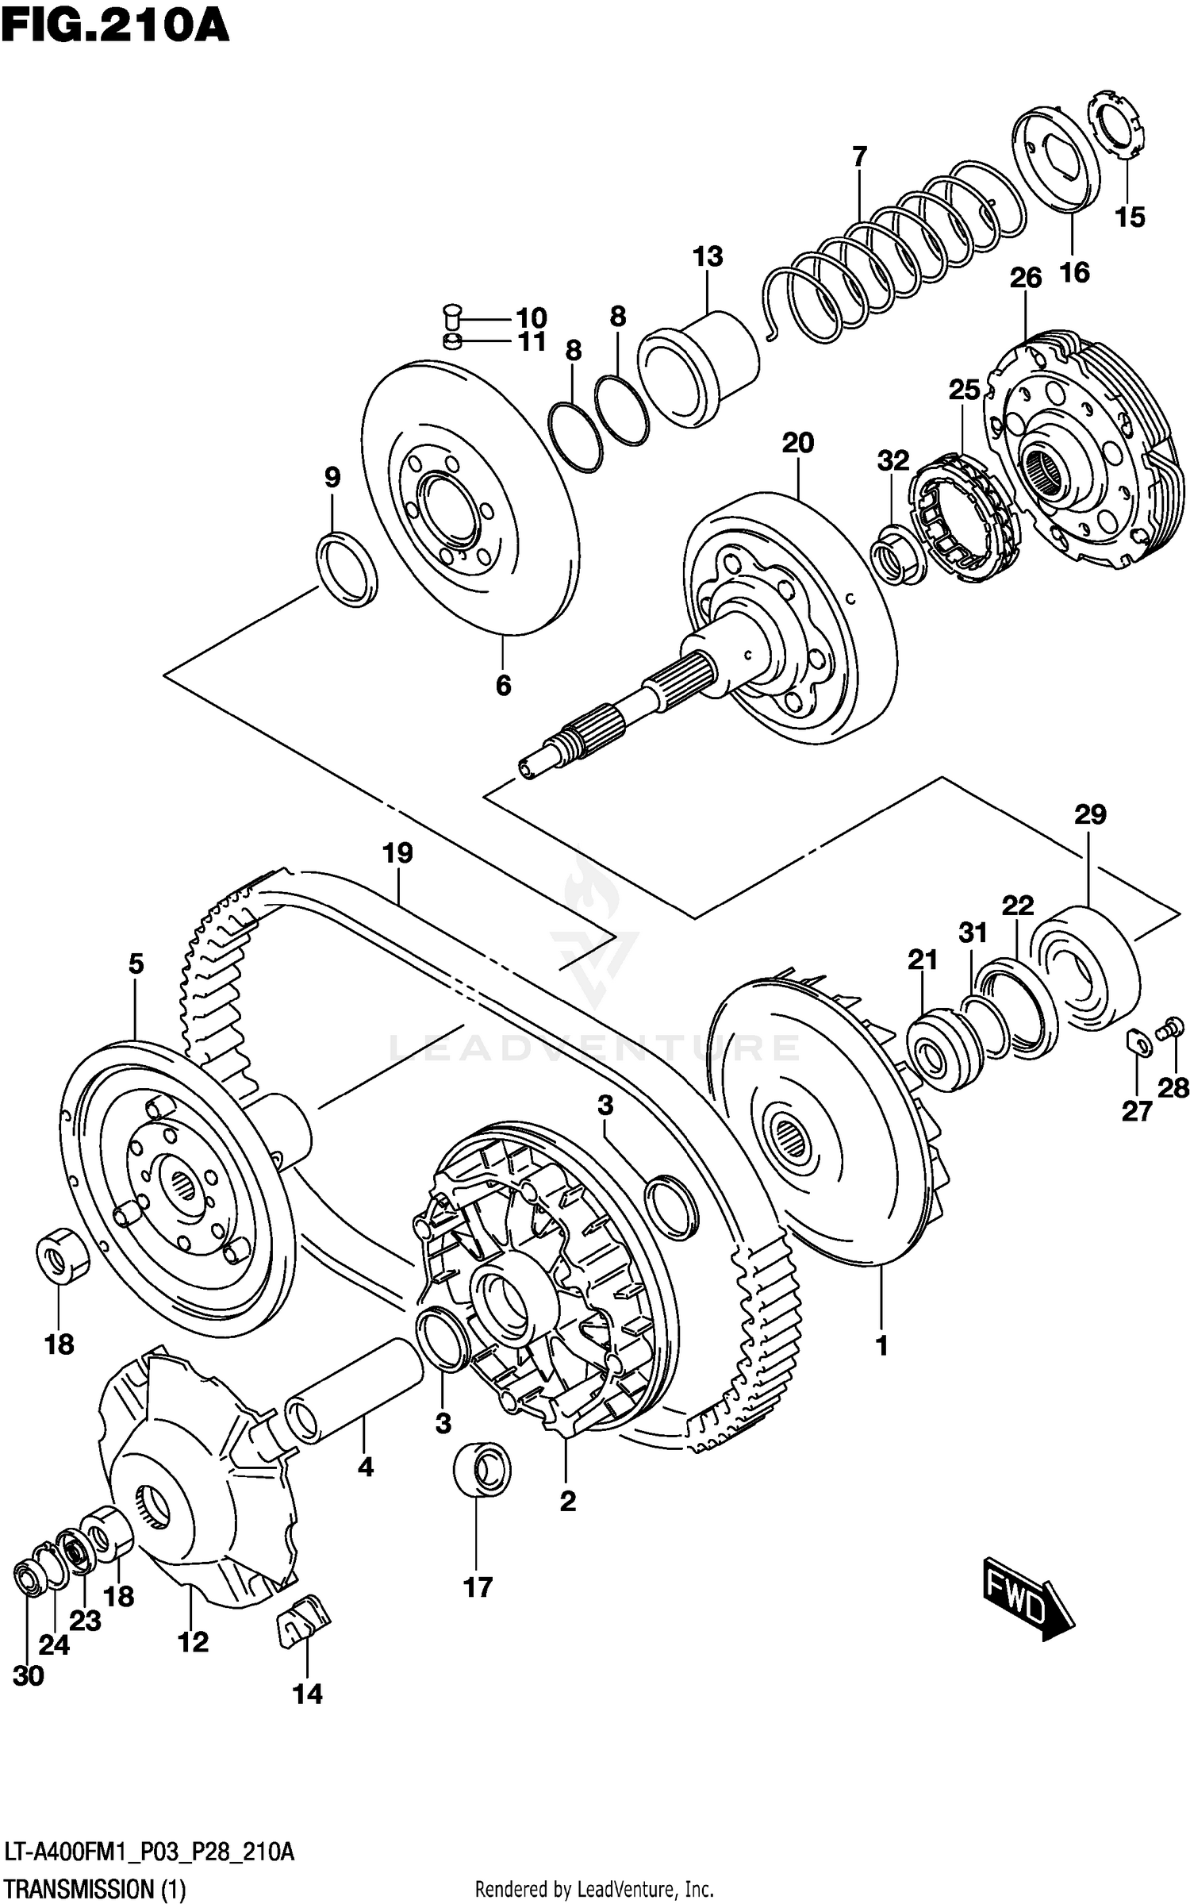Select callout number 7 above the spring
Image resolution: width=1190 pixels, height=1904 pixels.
click(x=860, y=156)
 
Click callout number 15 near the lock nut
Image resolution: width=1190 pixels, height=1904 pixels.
click(x=1130, y=217)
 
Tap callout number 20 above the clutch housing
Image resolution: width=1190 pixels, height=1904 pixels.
click(x=798, y=442)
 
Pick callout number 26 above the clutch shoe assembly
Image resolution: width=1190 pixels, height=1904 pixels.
click(x=1025, y=278)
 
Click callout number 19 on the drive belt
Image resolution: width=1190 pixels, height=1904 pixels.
click(x=397, y=854)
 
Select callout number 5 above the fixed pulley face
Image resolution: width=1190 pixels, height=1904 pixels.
click(x=136, y=964)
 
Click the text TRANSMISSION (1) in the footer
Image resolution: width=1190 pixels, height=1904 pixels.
click(x=95, y=1887)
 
